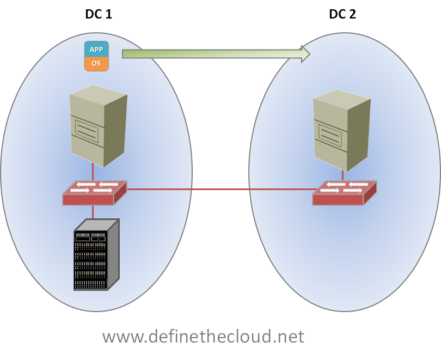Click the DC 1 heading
99,14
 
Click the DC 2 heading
342,14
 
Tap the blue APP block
96,49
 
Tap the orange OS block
96,64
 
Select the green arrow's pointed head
305,54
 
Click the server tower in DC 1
99,126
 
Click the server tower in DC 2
342,130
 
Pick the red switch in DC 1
95,193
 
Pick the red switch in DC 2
345,193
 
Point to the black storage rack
96,254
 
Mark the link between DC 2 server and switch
342,175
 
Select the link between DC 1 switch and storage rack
93,212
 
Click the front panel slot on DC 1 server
87,131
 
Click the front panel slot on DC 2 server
330,135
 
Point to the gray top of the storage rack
96,225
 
